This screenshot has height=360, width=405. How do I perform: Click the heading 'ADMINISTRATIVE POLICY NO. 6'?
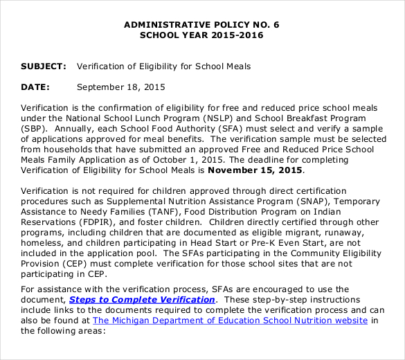(201, 24)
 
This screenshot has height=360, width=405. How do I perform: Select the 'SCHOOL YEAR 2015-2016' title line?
(201, 35)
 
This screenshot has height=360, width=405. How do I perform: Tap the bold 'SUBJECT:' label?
(43, 66)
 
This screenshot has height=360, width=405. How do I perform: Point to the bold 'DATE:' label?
(35, 87)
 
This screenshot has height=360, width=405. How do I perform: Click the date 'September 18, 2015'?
(121, 87)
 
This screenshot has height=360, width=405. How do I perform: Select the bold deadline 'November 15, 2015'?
(255, 170)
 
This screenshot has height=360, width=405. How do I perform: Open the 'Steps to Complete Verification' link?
(142, 300)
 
